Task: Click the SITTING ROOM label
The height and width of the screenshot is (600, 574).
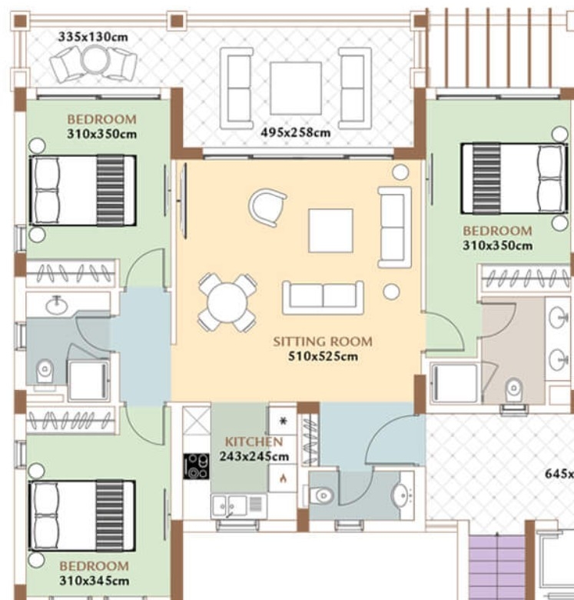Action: point(323,342)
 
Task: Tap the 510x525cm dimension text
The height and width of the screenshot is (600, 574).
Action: point(323,356)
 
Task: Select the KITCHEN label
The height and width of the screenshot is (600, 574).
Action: point(254,442)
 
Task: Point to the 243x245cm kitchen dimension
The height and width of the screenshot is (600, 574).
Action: point(254,456)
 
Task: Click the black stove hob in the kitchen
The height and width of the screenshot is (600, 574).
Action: point(196,466)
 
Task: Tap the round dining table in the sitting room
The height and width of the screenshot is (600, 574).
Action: point(227,302)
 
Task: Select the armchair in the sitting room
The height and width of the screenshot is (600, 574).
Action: point(267,208)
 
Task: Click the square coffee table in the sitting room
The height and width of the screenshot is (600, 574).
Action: point(330,231)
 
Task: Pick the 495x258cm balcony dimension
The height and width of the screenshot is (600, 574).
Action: point(295,132)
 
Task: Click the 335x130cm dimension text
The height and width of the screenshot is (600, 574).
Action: point(93,37)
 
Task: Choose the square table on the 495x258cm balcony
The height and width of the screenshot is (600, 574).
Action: point(296,88)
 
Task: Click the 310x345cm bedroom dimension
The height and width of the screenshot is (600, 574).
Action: point(94,581)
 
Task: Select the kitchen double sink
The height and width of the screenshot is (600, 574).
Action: point(227,506)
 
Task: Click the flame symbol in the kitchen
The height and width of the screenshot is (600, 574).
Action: point(283,478)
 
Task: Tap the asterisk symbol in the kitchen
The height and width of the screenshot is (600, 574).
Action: point(283,422)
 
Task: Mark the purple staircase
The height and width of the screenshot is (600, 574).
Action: point(497,568)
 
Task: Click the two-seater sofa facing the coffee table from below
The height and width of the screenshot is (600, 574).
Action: point(323,298)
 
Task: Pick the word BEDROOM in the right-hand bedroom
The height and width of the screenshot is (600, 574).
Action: point(497,231)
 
